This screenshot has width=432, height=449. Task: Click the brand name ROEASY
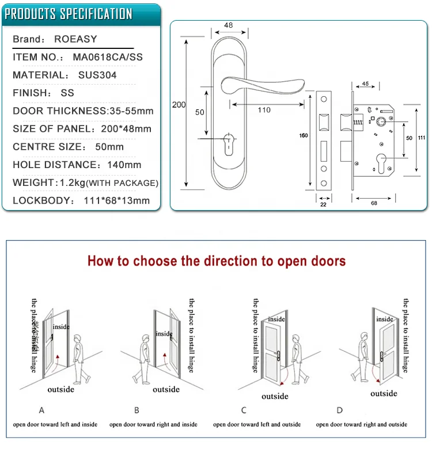75,40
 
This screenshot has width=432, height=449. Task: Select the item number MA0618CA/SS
108,58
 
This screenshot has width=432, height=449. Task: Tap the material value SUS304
97,75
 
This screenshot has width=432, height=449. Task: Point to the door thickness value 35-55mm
131,111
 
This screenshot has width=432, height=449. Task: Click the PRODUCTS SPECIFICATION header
69,14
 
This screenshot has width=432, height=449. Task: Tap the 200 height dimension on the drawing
179,105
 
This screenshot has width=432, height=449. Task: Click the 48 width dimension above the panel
228,25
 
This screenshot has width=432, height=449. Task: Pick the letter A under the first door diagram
41,410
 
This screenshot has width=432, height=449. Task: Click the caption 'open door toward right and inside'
153,424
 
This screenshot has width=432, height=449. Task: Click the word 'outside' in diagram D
384,393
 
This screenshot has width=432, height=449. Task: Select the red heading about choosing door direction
217,261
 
